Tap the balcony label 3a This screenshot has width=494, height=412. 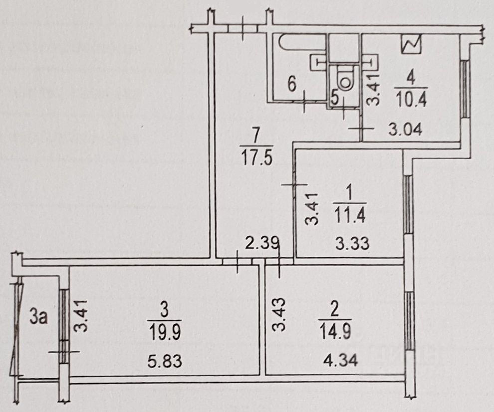pos(38,317)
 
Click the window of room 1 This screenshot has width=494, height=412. pos(407,204)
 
